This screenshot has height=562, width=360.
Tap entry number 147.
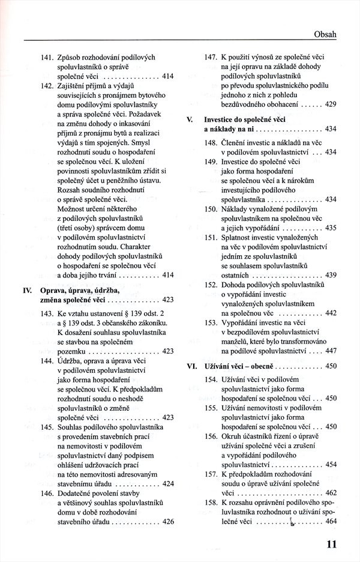pos(211,57)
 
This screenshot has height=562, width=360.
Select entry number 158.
pos(211,503)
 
